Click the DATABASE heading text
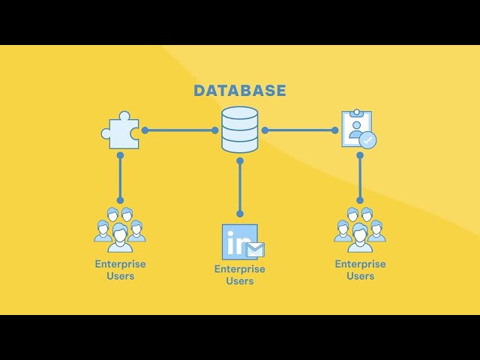pos(240,91)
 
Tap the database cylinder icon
pos(240,129)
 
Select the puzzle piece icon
pos(120,130)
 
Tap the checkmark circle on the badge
pos(367,139)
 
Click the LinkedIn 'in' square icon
pos(239,241)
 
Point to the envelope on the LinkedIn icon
pos(256,249)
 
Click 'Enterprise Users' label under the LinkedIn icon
pos(240,275)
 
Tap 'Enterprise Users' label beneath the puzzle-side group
pos(120,270)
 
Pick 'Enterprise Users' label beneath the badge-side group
pos(360,270)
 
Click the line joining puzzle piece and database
pos(180,130)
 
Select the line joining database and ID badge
pos(300,130)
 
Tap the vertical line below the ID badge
pos(360,178)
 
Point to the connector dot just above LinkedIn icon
pos(240,214)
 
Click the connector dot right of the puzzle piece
pos(145,130)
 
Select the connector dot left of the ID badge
pos(334,130)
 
